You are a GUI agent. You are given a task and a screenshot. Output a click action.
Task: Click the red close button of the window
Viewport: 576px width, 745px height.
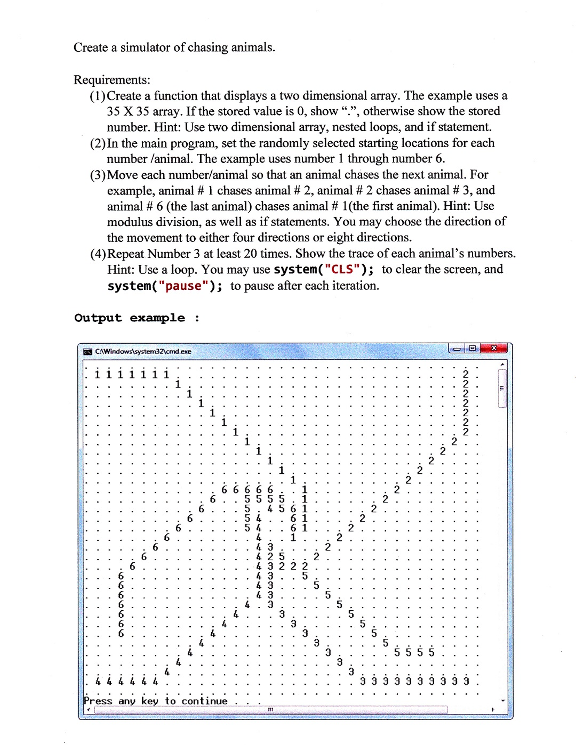[494, 348]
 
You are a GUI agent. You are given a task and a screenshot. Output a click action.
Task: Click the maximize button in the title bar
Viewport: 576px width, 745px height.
[473, 348]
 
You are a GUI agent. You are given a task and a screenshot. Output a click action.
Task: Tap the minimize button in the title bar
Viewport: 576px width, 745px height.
[457, 349]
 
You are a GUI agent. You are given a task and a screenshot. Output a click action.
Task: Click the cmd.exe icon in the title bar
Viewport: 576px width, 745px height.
[87, 351]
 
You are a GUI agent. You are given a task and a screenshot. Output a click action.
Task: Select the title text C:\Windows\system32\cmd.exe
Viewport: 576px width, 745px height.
[143, 351]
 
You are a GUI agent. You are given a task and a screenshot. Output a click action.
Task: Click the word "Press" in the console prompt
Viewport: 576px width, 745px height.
[98, 701]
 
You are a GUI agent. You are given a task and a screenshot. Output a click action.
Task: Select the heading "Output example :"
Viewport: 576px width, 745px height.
[137, 318]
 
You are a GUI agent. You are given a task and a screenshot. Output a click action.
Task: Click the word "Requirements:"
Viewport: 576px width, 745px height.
[112, 80]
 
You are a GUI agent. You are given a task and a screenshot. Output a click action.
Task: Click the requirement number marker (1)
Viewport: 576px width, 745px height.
[97, 96]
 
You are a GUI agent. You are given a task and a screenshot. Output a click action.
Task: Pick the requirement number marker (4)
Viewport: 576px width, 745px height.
[98, 254]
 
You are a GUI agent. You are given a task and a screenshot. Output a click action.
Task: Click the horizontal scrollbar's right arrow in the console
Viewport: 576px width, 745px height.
[493, 709]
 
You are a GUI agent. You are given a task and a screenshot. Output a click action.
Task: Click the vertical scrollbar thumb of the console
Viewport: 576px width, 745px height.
[502, 388]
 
